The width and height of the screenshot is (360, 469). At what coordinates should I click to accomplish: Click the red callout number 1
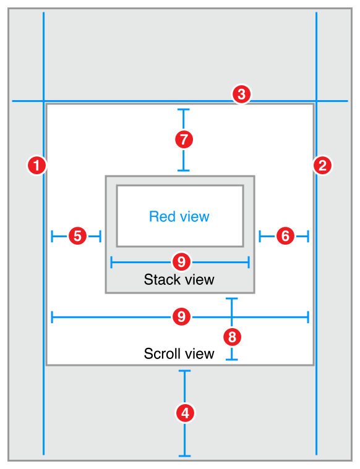[38, 165]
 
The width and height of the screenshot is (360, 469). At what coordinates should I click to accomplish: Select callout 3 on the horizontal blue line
[241, 95]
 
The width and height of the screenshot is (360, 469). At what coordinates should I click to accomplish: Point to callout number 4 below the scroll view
[184, 413]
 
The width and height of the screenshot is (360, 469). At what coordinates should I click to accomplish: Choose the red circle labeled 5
[77, 235]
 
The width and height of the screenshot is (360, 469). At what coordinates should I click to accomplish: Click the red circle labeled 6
[285, 235]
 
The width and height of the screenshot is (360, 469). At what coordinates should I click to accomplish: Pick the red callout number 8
[231, 337]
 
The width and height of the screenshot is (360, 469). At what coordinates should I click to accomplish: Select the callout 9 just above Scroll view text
[181, 317]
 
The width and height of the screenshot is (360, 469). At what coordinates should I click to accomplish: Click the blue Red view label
[179, 216]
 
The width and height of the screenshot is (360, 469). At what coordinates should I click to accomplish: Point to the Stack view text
[179, 279]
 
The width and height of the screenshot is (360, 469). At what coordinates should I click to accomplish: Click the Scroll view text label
[179, 353]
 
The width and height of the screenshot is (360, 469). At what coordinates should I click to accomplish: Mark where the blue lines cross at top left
[44, 101]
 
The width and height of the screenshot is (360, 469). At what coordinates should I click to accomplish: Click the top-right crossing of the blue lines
[317, 101]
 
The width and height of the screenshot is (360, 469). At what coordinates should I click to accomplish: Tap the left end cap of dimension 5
[52, 235]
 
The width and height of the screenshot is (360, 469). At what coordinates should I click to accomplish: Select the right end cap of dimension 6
[308, 235]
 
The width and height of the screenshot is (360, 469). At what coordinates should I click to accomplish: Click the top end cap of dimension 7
[184, 110]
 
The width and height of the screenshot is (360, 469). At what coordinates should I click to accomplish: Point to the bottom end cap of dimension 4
[184, 456]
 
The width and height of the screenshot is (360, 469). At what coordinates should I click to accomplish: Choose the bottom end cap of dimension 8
[231, 359]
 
